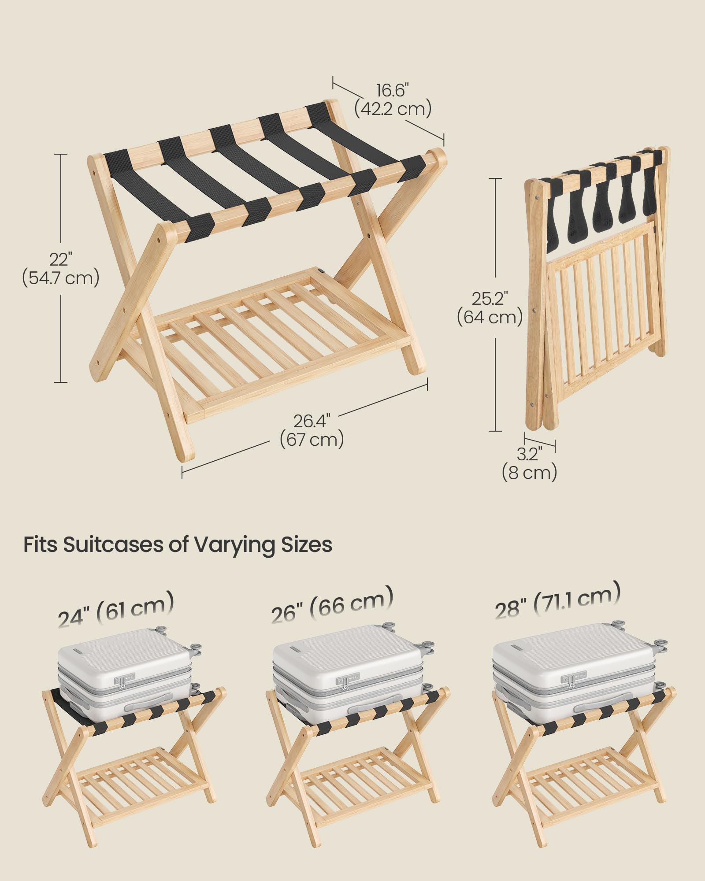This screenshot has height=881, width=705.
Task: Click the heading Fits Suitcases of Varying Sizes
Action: (x=178, y=545)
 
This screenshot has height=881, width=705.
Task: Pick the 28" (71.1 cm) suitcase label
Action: (x=557, y=600)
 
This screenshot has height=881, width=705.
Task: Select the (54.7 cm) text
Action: (x=61, y=278)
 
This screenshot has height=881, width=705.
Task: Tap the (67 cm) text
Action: (x=312, y=440)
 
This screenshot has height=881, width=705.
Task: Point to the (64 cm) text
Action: (x=490, y=317)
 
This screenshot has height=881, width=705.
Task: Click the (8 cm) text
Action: (x=529, y=473)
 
